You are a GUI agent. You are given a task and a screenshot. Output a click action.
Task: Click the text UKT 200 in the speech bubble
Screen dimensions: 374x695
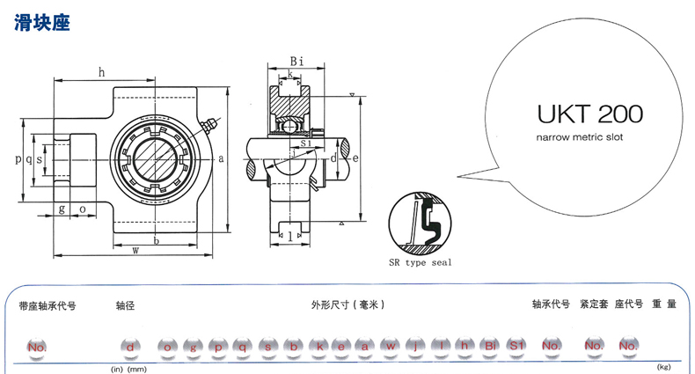click(589, 114)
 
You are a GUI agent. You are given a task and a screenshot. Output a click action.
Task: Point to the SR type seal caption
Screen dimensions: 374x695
click(420, 261)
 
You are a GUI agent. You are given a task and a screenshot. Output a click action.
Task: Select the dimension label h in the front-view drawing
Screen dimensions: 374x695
click(101, 71)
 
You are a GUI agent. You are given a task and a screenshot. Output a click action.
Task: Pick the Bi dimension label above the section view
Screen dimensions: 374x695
click(296, 61)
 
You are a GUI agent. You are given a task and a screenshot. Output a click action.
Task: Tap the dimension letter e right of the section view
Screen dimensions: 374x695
click(355, 158)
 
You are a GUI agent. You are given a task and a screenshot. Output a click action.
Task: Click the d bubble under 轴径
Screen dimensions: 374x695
click(130, 347)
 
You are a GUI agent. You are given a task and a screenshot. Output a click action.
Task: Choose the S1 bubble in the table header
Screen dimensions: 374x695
click(516, 347)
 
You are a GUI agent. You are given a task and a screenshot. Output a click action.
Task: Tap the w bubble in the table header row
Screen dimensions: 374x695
click(390, 347)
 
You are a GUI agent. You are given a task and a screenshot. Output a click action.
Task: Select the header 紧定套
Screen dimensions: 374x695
click(594, 305)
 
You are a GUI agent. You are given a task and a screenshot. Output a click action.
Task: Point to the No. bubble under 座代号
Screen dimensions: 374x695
click(627, 347)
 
